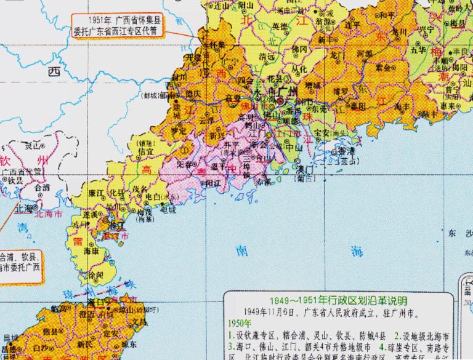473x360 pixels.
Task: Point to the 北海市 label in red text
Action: point(49,214)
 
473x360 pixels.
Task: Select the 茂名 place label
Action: point(142,188)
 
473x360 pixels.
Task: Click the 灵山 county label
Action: point(31,146)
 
